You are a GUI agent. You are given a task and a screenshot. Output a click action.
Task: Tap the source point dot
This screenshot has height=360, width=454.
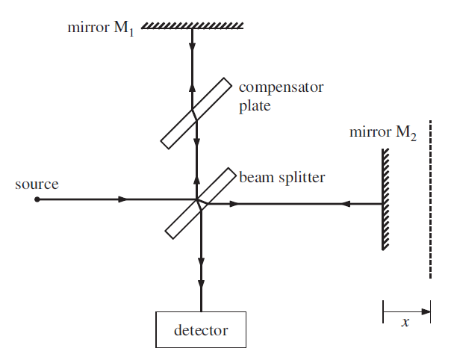(37, 199)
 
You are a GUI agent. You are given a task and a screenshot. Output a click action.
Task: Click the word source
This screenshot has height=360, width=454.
(37, 184)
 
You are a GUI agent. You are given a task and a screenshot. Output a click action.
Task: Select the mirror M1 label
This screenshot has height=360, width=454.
(99, 30)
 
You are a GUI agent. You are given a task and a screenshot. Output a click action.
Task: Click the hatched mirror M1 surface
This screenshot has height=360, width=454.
(193, 25)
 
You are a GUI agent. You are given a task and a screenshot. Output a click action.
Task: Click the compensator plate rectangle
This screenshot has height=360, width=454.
(196, 112)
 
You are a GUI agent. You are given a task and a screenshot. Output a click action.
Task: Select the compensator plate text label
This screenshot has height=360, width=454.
(281, 96)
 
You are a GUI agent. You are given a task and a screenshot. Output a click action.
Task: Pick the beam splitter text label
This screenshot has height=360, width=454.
(282, 178)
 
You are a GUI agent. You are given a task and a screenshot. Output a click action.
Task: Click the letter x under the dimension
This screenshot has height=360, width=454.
(405, 323)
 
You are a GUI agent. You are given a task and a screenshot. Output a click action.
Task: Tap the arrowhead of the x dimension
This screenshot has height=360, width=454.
(426, 310)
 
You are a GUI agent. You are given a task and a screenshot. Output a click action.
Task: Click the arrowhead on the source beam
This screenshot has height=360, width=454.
(124, 199)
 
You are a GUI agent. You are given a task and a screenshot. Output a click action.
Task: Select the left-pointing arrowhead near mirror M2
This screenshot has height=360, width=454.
(345, 203)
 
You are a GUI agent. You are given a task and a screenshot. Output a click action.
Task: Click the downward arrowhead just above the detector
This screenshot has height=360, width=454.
(200, 285)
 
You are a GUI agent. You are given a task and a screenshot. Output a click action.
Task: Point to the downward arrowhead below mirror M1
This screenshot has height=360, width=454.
(193, 46)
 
